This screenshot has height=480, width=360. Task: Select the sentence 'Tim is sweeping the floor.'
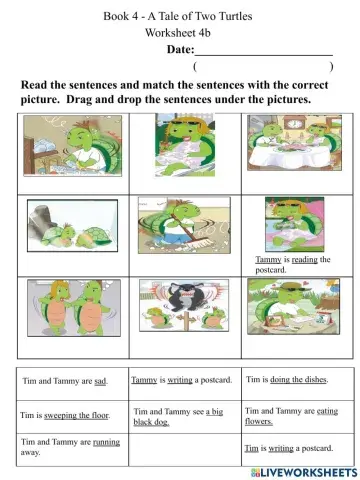coord(65,414)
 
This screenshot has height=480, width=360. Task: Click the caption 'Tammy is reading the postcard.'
coord(292,264)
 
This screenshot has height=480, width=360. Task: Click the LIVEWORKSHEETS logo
coord(304,469)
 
